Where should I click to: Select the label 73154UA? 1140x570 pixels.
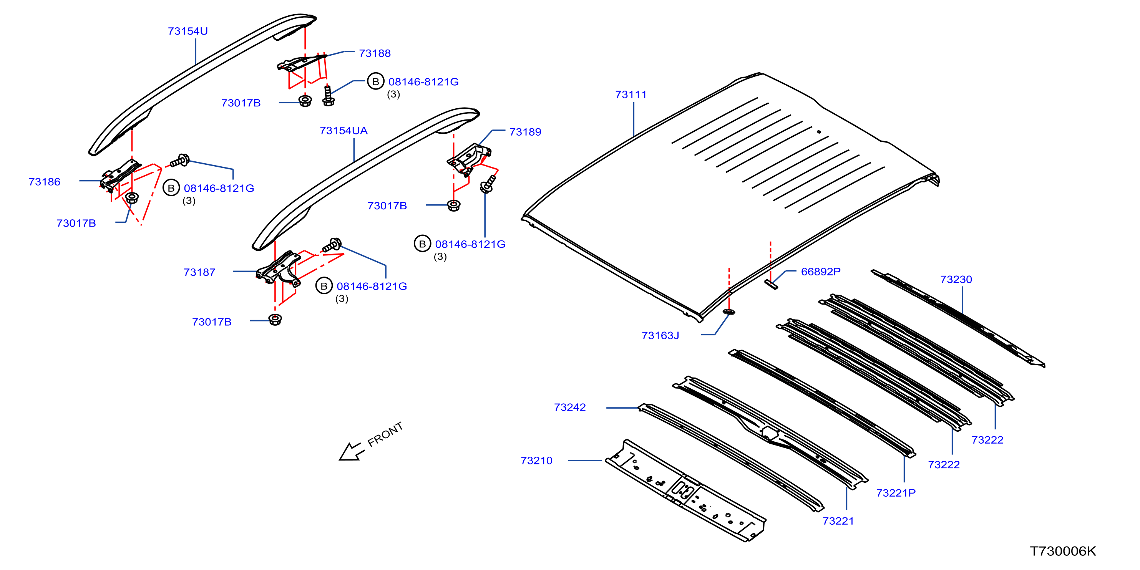(343, 131)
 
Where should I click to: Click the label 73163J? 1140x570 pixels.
(660, 335)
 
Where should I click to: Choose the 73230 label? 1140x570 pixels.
(956, 279)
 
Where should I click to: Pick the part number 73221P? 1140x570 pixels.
(896, 492)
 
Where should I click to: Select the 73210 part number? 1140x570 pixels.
(536, 460)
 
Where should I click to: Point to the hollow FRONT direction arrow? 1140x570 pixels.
(352, 451)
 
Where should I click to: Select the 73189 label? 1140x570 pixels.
(525, 132)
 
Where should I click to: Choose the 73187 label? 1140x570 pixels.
(199, 272)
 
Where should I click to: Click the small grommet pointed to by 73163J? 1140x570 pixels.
(729, 312)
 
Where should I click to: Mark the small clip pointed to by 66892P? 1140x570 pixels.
(770, 284)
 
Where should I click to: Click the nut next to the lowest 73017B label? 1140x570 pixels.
(275, 320)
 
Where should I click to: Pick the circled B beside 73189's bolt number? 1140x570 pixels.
(422, 244)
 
